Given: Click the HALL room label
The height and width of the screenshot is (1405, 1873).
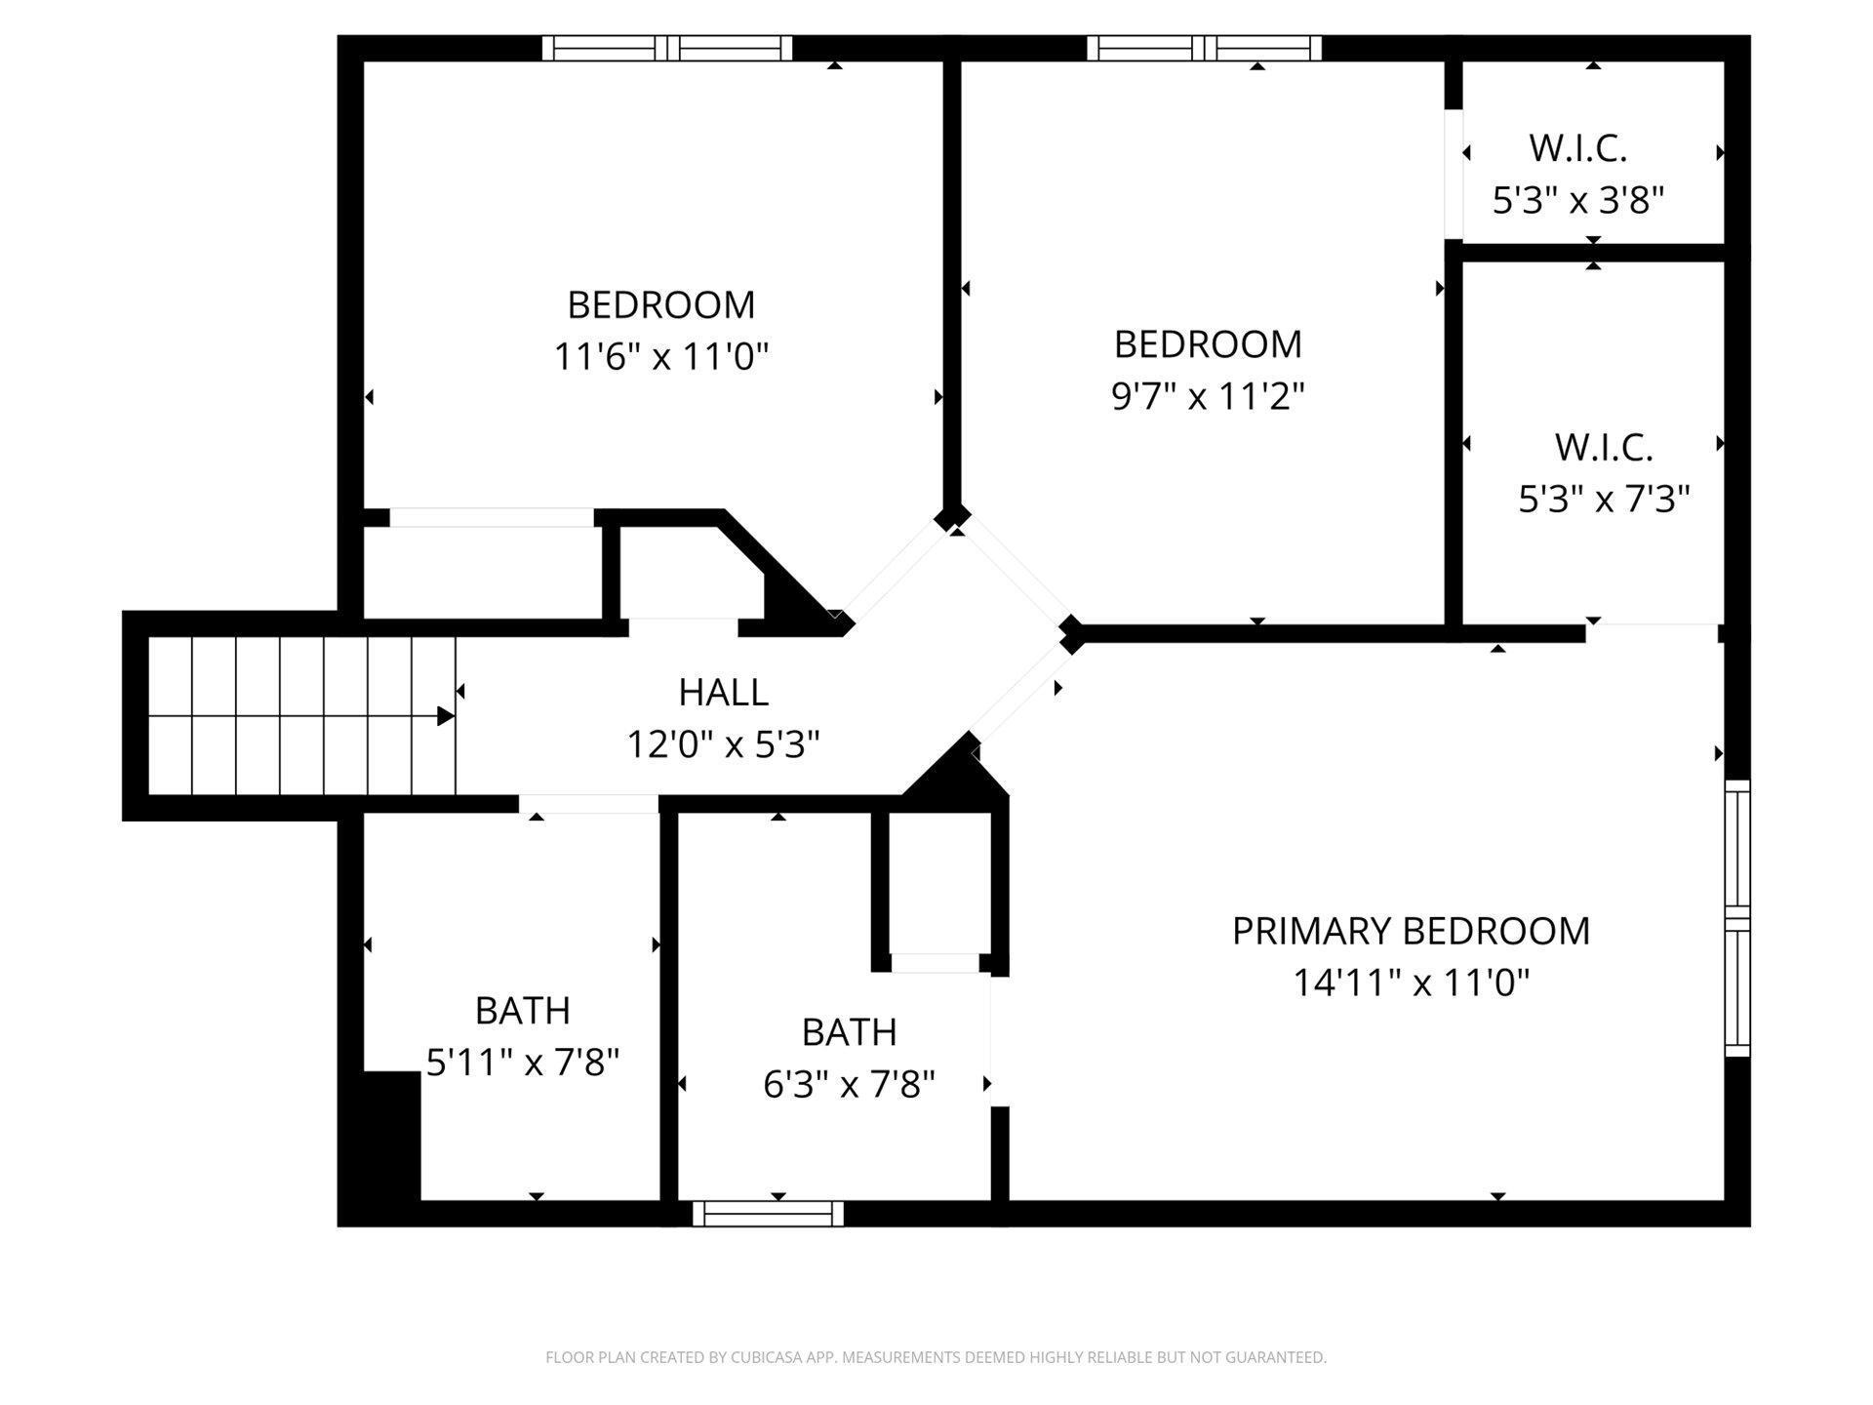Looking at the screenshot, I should click(x=723, y=692).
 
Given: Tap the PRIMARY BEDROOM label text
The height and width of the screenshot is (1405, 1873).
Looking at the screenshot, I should click(x=1411, y=931).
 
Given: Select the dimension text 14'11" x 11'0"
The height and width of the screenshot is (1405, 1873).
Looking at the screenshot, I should click(x=1411, y=982).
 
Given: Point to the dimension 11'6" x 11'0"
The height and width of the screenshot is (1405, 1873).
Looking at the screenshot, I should click(x=661, y=356).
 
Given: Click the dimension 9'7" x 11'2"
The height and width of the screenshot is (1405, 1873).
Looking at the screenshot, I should click(x=1208, y=396).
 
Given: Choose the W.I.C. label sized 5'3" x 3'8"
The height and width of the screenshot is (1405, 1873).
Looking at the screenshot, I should click(x=1577, y=148).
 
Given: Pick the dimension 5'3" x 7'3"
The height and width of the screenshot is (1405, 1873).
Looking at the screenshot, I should click(x=1604, y=499).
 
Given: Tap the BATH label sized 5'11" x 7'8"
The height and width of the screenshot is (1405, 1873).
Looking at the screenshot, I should click(x=522, y=1011).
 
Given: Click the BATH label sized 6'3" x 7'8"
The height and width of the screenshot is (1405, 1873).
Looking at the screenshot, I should click(x=849, y=1032).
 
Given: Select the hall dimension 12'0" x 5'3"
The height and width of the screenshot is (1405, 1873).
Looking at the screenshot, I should click(x=723, y=744).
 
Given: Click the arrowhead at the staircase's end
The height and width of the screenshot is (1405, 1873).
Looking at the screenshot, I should click(x=445, y=716).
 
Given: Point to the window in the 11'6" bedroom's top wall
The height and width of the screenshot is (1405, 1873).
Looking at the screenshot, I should click(x=667, y=48).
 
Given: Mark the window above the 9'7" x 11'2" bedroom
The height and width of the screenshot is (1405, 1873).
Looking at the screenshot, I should click(x=1204, y=48).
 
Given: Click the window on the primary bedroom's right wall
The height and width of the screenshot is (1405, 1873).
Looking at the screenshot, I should click(x=1737, y=918).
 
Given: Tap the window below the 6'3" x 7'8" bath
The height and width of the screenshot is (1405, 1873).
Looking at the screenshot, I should click(x=768, y=1214).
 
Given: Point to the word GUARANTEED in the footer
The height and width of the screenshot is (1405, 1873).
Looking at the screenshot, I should click(x=1277, y=1357).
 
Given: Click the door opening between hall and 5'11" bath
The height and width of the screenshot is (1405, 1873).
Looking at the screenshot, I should click(x=588, y=804).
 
